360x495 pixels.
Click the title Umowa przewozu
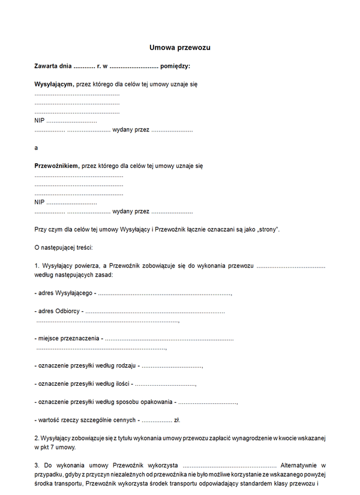click(x=180, y=47)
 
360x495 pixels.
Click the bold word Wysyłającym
click(x=53, y=85)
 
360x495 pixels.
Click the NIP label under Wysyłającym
click(x=40, y=121)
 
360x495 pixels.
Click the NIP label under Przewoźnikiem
click(x=40, y=202)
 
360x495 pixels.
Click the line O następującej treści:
click(x=64, y=247)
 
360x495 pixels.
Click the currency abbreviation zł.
click(x=177, y=420)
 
